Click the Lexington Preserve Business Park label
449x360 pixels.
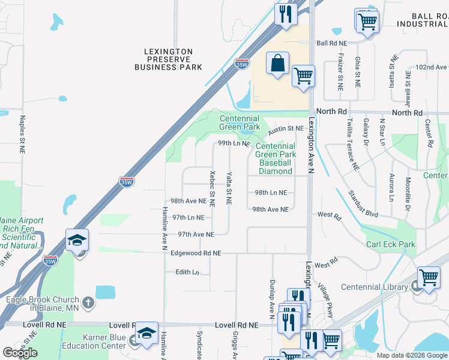tap(168, 59)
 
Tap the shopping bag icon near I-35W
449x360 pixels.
tap(277, 64)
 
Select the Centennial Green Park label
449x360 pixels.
tap(240, 123)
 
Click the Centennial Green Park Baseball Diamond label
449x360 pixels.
tap(276, 158)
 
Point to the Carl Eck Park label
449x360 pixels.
tap(391, 244)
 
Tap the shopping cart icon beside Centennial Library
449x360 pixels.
tap(429, 278)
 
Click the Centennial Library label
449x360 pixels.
tap(375, 287)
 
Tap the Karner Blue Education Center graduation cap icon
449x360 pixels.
tap(146, 334)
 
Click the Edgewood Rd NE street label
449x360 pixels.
tap(196, 254)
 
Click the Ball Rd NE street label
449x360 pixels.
tap(332, 43)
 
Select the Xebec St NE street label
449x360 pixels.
tap(212, 188)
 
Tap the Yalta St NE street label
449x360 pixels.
tap(229, 188)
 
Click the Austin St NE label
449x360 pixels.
tap(285, 128)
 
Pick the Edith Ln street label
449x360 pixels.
tap(187, 272)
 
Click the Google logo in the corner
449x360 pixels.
tap(20, 353)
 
